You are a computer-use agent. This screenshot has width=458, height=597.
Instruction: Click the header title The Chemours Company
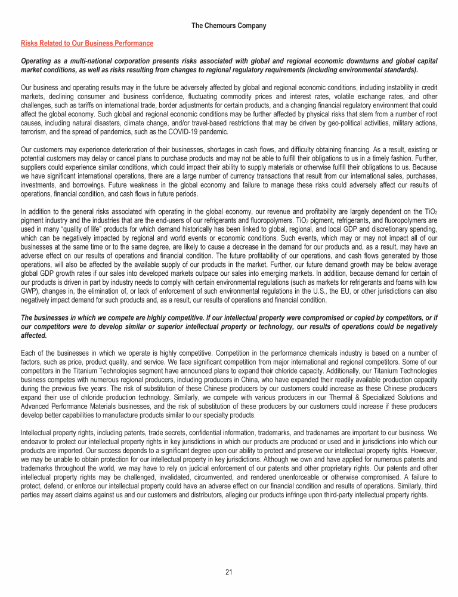coord(229,26)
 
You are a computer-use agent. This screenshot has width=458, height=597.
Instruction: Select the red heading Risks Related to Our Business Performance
coord(87,44)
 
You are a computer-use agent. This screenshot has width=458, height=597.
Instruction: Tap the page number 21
coord(229,573)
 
